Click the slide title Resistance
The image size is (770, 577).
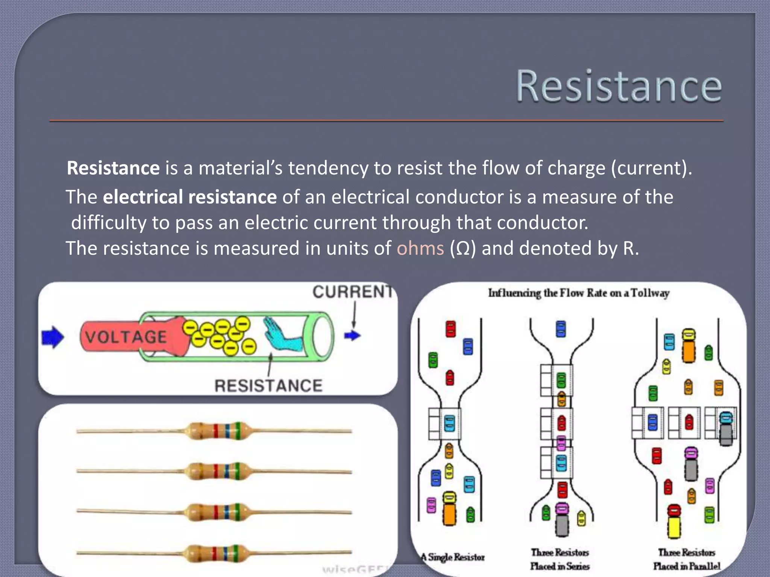pos(618,86)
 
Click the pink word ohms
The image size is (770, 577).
pos(420,248)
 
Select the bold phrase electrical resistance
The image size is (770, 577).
pos(190,197)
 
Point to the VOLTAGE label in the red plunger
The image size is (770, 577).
pos(126,337)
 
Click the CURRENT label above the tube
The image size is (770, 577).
pos(352,292)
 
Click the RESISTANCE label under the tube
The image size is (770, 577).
pos(268,386)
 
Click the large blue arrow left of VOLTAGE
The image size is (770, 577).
pos(53,337)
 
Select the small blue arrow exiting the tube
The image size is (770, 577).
pos(352,335)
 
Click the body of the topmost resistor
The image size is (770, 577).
pos(218,431)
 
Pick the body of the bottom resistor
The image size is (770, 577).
pos(218,553)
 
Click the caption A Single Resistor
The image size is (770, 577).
pos(453,557)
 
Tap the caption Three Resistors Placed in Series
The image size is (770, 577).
pos(560,559)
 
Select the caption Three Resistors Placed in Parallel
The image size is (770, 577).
pos(687,559)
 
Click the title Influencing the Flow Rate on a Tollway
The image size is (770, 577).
pos(579,293)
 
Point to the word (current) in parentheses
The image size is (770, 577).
pos(651,168)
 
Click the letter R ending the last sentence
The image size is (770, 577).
pos(628,249)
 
